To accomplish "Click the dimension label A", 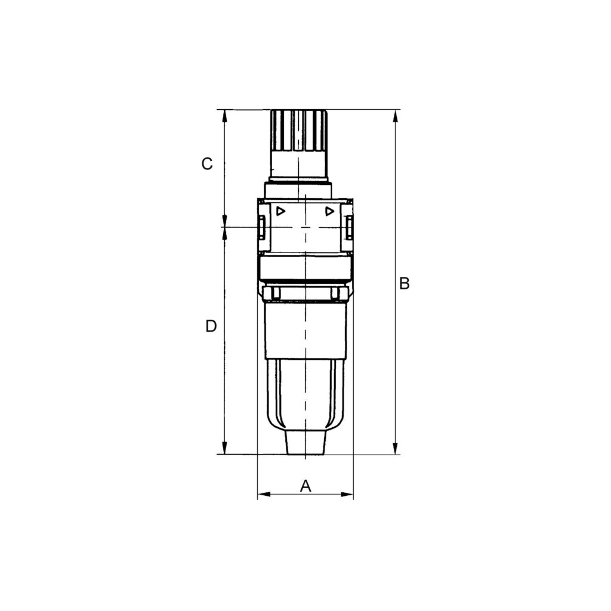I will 305,486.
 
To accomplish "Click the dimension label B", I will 404,284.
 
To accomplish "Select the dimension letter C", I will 206,164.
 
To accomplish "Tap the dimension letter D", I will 211,326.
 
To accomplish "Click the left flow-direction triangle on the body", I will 280,211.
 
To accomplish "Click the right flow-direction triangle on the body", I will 329,211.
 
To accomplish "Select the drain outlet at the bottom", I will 305,443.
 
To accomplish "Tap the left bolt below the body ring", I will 275,293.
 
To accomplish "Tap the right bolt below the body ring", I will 335,293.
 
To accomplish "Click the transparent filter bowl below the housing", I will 305,394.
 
